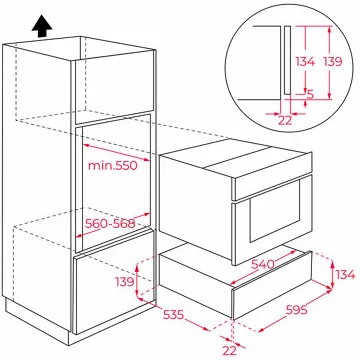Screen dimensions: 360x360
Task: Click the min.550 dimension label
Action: (113, 165)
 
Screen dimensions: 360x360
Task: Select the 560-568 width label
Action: (110, 223)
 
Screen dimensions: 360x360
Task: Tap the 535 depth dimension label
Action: (173, 314)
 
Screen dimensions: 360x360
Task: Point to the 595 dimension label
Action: (297, 310)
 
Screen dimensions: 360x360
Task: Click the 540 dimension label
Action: (263, 264)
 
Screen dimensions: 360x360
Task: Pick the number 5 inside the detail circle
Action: (310, 95)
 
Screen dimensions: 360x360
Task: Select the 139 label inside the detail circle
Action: (332, 61)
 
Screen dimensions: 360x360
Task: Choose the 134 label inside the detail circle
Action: (305, 61)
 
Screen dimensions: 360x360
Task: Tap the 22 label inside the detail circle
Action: (285, 120)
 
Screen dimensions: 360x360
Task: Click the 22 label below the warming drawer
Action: (229, 350)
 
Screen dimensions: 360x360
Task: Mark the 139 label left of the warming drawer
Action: (125, 282)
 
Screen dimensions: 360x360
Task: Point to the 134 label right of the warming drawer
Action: (345, 275)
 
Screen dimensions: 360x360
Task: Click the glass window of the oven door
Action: (276, 211)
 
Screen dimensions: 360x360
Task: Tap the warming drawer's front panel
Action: (272, 284)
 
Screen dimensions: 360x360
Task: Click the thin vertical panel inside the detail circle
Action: (287, 60)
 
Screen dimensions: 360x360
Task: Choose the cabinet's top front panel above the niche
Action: (114, 87)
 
